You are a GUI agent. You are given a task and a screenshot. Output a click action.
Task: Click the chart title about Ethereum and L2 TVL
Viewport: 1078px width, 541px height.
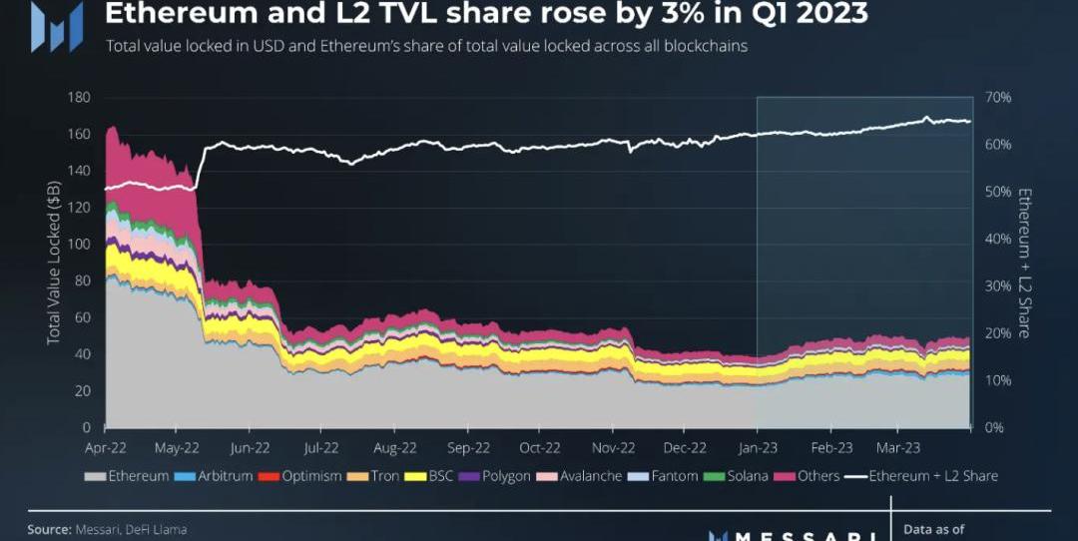[x=486, y=15]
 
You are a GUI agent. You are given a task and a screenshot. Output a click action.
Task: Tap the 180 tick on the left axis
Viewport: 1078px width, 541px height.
[x=79, y=98]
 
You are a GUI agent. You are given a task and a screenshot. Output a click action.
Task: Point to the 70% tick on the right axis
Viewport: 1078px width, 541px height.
[x=998, y=98]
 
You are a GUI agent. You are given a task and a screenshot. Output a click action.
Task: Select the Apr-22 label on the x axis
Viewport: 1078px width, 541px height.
[x=106, y=447]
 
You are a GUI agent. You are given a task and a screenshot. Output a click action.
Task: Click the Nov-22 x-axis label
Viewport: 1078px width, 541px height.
[x=613, y=447]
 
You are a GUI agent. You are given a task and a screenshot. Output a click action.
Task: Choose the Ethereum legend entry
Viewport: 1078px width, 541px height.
[x=127, y=476]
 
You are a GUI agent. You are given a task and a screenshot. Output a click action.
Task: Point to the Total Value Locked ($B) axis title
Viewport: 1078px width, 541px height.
[x=54, y=263]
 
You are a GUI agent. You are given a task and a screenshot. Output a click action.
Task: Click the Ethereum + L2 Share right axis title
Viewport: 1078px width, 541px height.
[x=1023, y=263]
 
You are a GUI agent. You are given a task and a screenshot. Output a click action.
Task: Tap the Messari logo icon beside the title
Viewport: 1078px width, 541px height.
[x=56, y=26]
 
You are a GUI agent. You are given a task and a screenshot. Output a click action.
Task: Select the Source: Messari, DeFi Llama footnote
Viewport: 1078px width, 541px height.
[x=106, y=529]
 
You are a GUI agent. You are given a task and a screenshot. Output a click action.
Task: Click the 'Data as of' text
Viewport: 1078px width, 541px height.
[x=933, y=530]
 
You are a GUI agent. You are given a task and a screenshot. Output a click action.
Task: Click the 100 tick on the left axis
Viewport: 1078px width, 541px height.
[x=79, y=245]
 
